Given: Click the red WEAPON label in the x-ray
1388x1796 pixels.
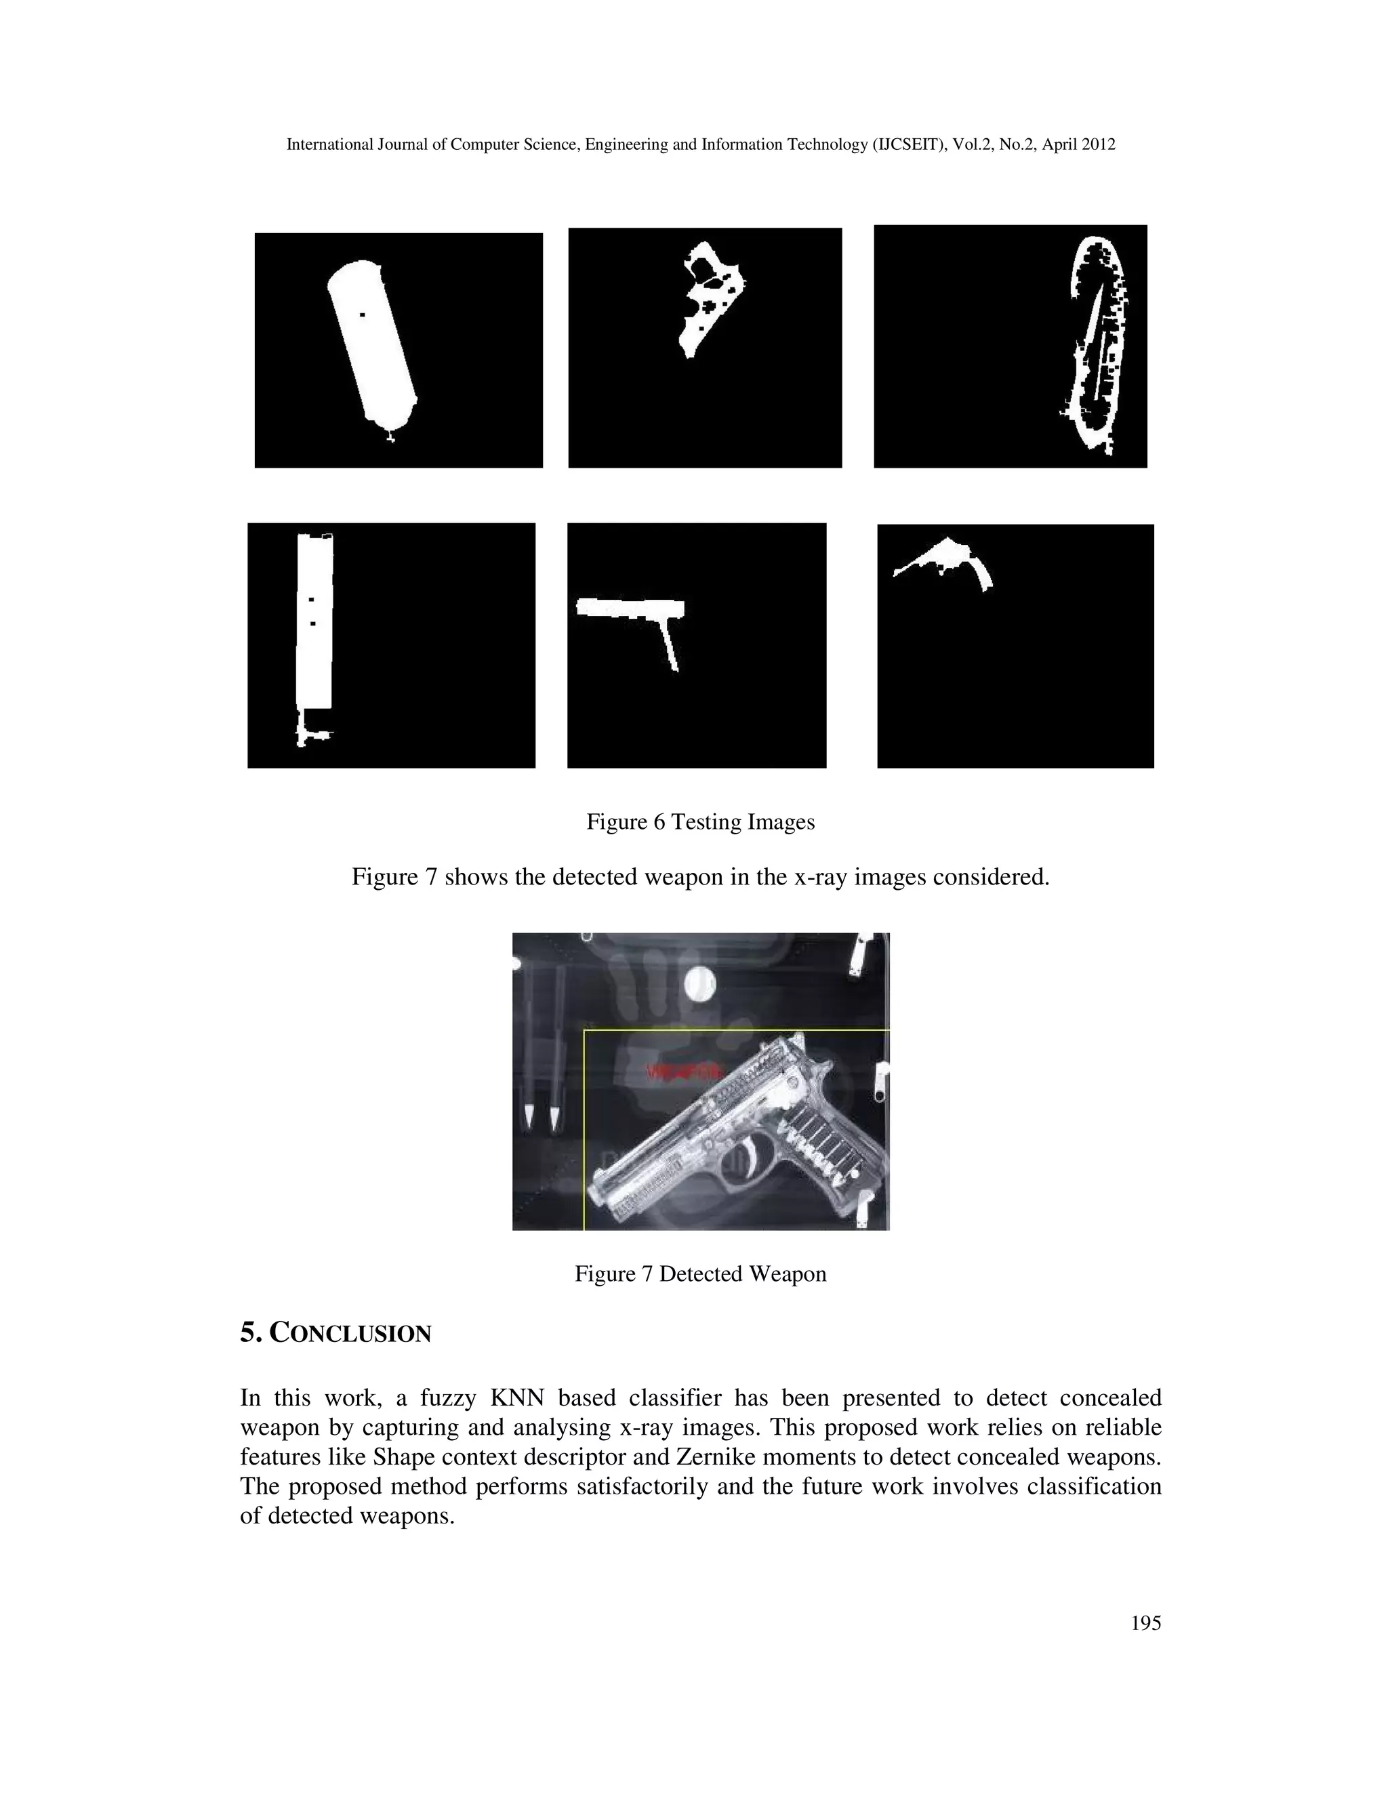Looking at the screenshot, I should [682, 1072].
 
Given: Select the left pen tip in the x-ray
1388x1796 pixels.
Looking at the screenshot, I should [529, 1116].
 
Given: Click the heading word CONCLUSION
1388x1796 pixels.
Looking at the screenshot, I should [350, 1334].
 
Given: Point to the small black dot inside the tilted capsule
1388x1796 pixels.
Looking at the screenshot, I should [363, 314].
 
